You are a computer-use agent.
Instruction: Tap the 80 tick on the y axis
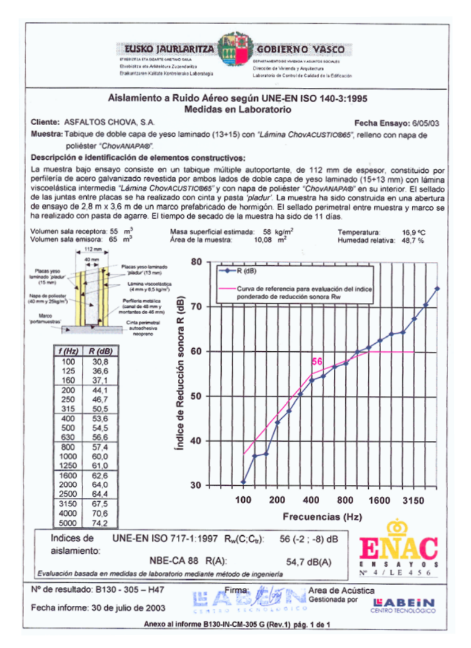196,262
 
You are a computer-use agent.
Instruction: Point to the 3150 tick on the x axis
413,499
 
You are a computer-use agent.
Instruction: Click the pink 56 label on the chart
317,361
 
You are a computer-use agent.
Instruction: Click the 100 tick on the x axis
243,499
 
